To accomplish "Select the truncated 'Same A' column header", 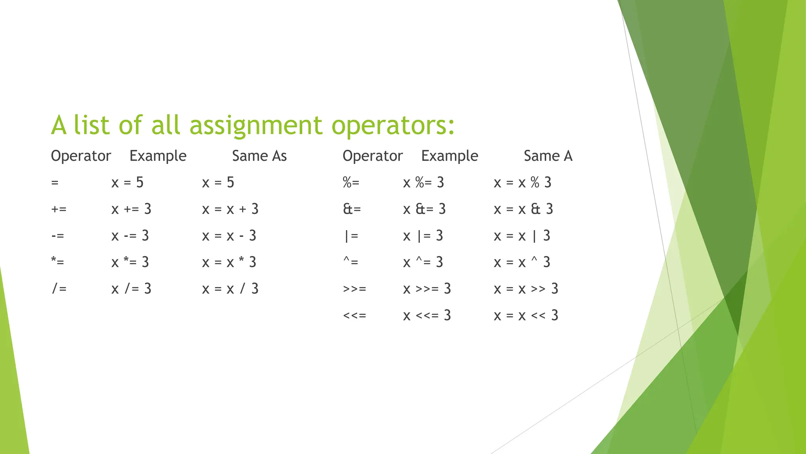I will [x=547, y=156].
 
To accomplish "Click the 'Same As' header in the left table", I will [x=259, y=156].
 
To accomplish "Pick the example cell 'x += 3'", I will [x=131, y=209].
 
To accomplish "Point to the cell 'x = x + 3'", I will [x=230, y=209].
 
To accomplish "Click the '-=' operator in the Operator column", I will [x=57, y=236].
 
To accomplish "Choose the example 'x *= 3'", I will [x=130, y=262].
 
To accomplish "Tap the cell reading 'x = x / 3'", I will [x=230, y=289].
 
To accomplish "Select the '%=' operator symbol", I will [x=351, y=182].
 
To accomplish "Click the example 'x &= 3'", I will [x=424, y=209].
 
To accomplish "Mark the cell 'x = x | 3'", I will [x=521, y=236].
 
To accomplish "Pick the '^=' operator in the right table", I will [x=351, y=262].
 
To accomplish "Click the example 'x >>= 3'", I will [x=427, y=289].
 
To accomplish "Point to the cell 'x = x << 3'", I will [x=525, y=315].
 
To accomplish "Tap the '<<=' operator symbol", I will [x=354, y=315].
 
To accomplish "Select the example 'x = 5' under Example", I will [x=127, y=182].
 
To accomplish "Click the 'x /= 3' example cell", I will [x=131, y=289].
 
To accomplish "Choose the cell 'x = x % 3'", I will [x=522, y=182].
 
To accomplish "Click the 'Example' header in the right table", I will [x=449, y=156].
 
